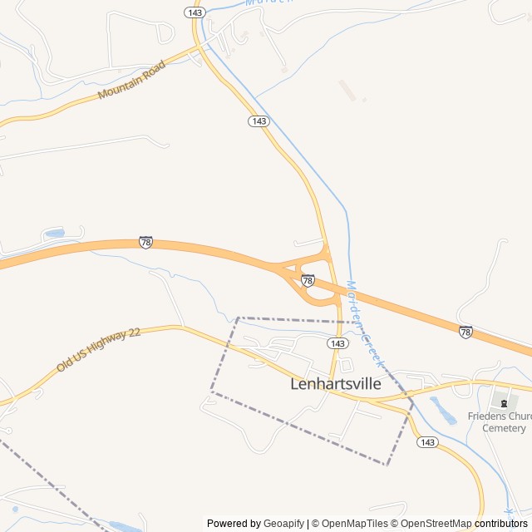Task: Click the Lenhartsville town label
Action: (x=336, y=384)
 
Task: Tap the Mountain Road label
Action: (x=131, y=80)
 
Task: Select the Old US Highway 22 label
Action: (x=99, y=349)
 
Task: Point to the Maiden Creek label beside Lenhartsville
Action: (x=364, y=324)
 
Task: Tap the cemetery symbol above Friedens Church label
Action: (x=504, y=401)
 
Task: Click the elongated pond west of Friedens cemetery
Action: (x=443, y=411)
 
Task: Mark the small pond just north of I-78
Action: (x=56, y=234)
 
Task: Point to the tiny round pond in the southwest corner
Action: (x=14, y=509)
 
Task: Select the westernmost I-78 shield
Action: (x=145, y=242)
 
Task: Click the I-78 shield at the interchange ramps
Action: (x=308, y=280)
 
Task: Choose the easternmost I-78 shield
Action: (x=465, y=332)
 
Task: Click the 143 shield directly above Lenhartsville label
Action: (x=337, y=343)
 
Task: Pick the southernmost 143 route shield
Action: (x=427, y=442)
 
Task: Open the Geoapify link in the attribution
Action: (x=283, y=524)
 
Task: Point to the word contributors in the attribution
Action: (x=501, y=524)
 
